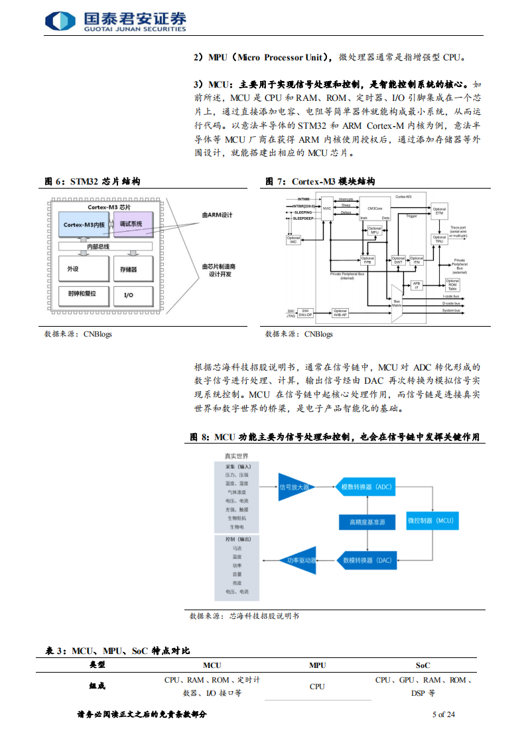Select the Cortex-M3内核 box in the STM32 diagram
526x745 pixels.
(84, 224)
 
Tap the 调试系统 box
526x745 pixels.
(133, 224)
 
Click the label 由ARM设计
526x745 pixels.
(218, 215)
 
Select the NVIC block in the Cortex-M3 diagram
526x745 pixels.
(327, 208)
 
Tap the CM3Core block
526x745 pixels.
(374, 208)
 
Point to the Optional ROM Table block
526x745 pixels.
(452, 285)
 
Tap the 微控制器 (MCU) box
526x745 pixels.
(429, 522)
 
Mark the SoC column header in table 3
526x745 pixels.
(423, 665)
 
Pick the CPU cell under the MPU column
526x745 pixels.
(317, 686)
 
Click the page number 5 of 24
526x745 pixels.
(443, 714)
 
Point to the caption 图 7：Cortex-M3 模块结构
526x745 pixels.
(320, 181)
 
